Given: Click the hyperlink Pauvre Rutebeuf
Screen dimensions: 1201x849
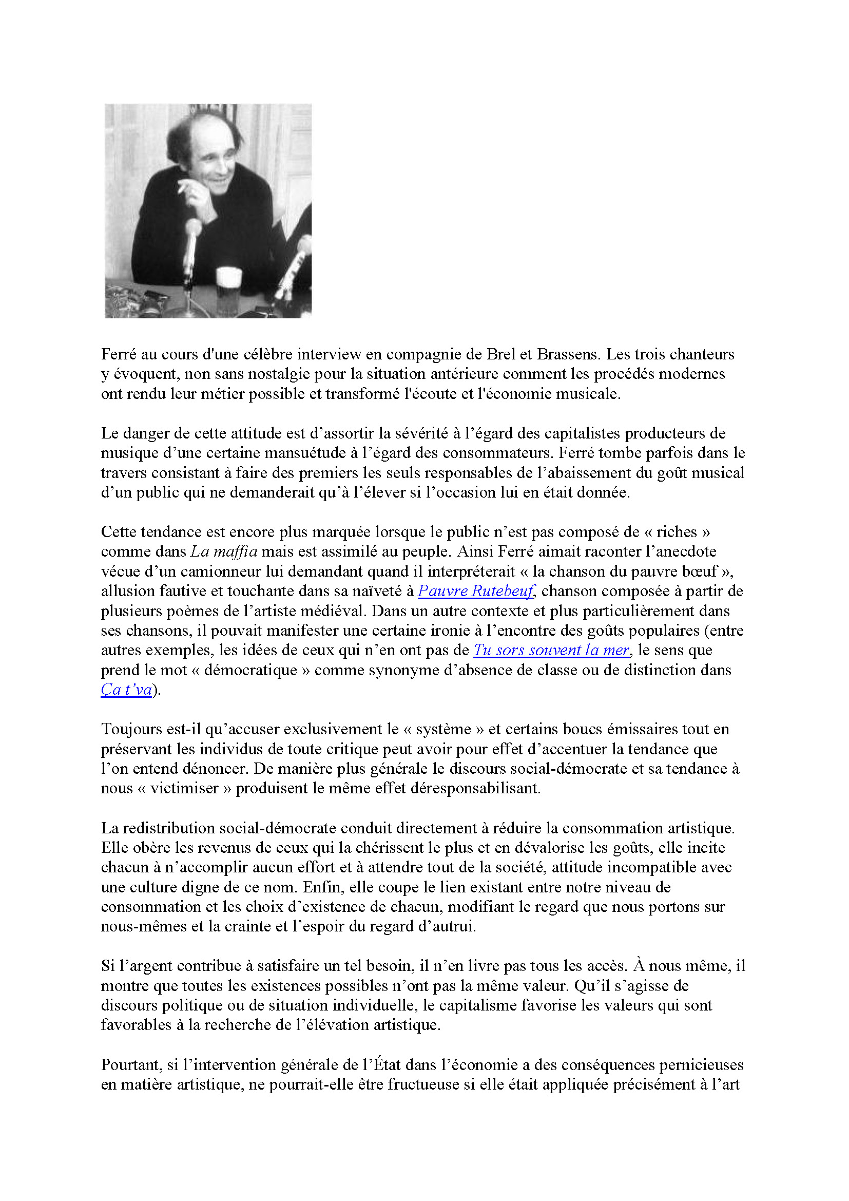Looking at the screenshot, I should [x=475, y=591].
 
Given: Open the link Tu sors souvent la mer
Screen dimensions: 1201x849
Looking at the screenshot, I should [x=551, y=650].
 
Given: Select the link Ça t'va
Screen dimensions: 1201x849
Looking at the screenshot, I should [x=126, y=690].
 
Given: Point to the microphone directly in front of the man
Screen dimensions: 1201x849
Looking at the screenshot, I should [x=192, y=230].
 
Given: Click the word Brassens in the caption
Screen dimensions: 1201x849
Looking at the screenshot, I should [x=567, y=354].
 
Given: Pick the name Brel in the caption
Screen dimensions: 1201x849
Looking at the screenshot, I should [x=501, y=354].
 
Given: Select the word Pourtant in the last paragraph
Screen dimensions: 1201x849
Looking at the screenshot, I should [x=131, y=1065].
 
